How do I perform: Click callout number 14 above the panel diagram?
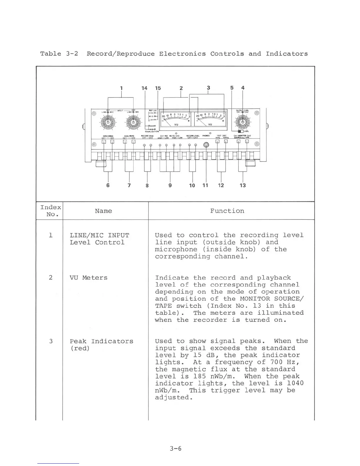click(x=144, y=88)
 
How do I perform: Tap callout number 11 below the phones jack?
click(x=205, y=185)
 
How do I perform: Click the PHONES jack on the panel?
click(x=206, y=145)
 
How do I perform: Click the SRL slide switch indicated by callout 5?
click(x=241, y=132)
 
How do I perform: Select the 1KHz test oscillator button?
click(x=218, y=141)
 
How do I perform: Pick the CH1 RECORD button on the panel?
click(x=104, y=142)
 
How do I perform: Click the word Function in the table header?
click(x=227, y=211)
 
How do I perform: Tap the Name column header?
click(x=104, y=211)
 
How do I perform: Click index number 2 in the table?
click(x=51, y=278)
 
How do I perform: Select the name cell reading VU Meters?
click(x=89, y=278)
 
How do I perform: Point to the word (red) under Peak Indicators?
click(x=80, y=348)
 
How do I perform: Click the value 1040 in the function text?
click(x=295, y=383)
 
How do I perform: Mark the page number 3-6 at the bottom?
click(x=176, y=449)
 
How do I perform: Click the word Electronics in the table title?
click(x=182, y=54)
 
